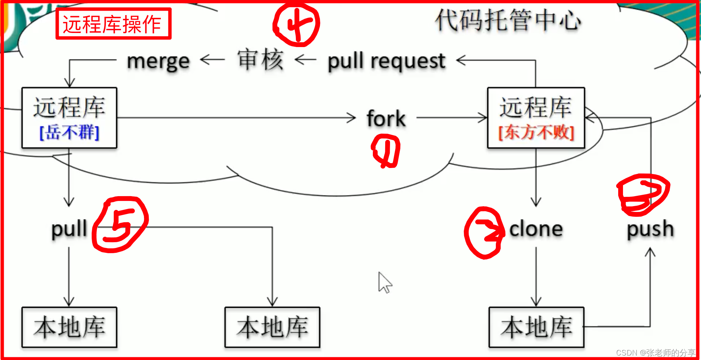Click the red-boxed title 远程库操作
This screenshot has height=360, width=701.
(x=113, y=24)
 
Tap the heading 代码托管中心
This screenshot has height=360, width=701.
(x=508, y=20)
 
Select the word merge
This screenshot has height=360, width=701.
(x=158, y=61)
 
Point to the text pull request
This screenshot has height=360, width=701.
(x=386, y=61)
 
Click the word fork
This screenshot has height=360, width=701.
(x=386, y=119)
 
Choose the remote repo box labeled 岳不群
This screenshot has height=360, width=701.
(x=69, y=118)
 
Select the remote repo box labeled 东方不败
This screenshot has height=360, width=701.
(x=536, y=118)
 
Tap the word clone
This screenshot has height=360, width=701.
(x=536, y=229)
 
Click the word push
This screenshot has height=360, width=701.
(x=650, y=229)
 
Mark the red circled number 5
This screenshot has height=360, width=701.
(x=120, y=225)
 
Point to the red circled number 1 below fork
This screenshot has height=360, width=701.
(x=386, y=151)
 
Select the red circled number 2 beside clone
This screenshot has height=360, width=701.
(x=485, y=233)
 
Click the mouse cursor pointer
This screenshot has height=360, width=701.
(x=384, y=282)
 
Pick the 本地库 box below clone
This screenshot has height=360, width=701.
(x=536, y=327)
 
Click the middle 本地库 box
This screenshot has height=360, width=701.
(x=272, y=327)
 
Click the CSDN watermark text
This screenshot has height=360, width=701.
(x=655, y=353)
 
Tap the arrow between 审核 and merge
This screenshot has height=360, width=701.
(x=212, y=60)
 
